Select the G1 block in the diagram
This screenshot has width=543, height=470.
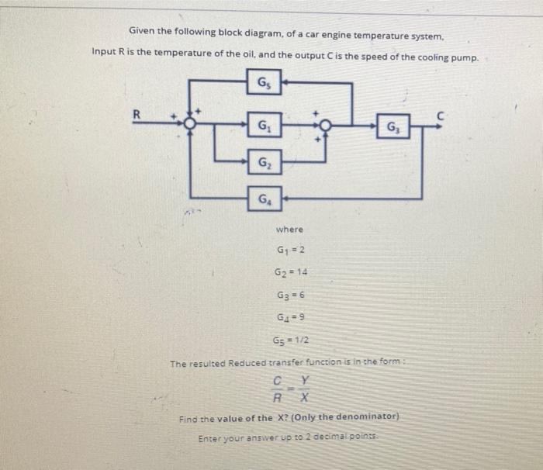coord(265,124)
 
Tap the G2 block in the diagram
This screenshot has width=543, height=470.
coord(265,163)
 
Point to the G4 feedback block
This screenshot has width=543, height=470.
coord(265,199)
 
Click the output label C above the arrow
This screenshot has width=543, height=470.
coord(439,114)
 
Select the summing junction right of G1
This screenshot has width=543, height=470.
coord(324,125)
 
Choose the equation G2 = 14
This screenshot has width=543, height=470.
coord(292,273)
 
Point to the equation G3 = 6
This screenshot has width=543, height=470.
coord(292,295)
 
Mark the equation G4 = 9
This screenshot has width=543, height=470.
coord(292,317)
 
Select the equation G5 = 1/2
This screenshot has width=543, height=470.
coord(292,340)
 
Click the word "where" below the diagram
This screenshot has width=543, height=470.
coord(289,230)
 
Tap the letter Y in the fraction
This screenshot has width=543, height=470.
coord(305,382)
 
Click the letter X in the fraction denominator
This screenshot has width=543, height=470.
coord(305,398)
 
